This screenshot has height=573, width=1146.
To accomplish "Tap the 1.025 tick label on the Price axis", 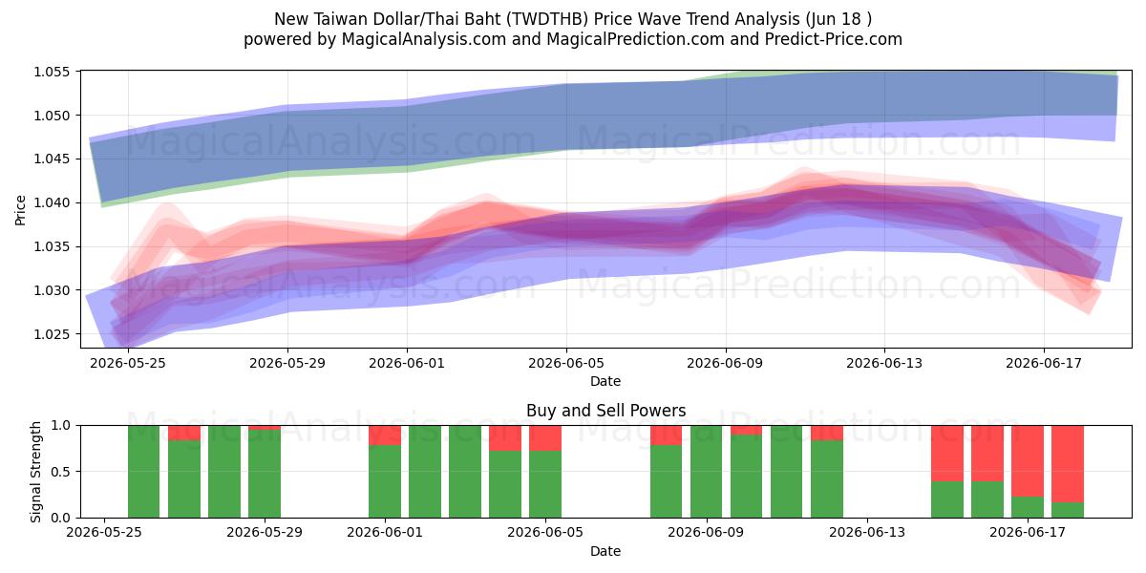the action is click(x=52, y=334).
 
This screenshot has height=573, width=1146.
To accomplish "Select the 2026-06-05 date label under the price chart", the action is click(x=566, y=363).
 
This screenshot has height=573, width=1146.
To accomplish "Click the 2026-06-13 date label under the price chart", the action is click(x=884, y=363).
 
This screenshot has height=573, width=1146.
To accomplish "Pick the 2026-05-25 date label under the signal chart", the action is click(x=104, y=533).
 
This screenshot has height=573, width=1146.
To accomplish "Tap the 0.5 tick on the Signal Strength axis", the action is click(x=60, y=472).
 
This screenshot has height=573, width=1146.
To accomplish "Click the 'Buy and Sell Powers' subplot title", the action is click(x=605, y=411).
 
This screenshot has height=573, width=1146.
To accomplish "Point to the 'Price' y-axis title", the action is click(x=20, y=210).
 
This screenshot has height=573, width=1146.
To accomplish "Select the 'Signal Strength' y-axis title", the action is click(x=35, y=472).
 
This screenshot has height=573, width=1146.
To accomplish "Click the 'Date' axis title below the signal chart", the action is click(x=605, y=551).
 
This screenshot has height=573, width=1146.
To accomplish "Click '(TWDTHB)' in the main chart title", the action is click(x=547, y=19).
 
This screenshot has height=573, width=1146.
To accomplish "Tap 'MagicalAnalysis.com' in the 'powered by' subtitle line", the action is click(x=424, y=39).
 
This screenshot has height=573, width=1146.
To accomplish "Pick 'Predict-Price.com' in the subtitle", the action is click(x=834, y=39).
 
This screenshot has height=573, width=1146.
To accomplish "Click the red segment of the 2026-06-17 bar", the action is click(x=1028, y=461).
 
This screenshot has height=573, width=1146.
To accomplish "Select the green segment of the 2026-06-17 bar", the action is click(x=1028, y=507).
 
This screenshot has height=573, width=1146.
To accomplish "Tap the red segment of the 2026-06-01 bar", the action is click(x=385, y=435).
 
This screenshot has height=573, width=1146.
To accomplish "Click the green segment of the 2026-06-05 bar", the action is click(x=545, y=484).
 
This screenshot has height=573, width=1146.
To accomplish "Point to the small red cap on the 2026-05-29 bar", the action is click(x=265, y=428).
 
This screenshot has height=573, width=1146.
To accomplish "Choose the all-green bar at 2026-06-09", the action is click(x=706, y=472).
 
